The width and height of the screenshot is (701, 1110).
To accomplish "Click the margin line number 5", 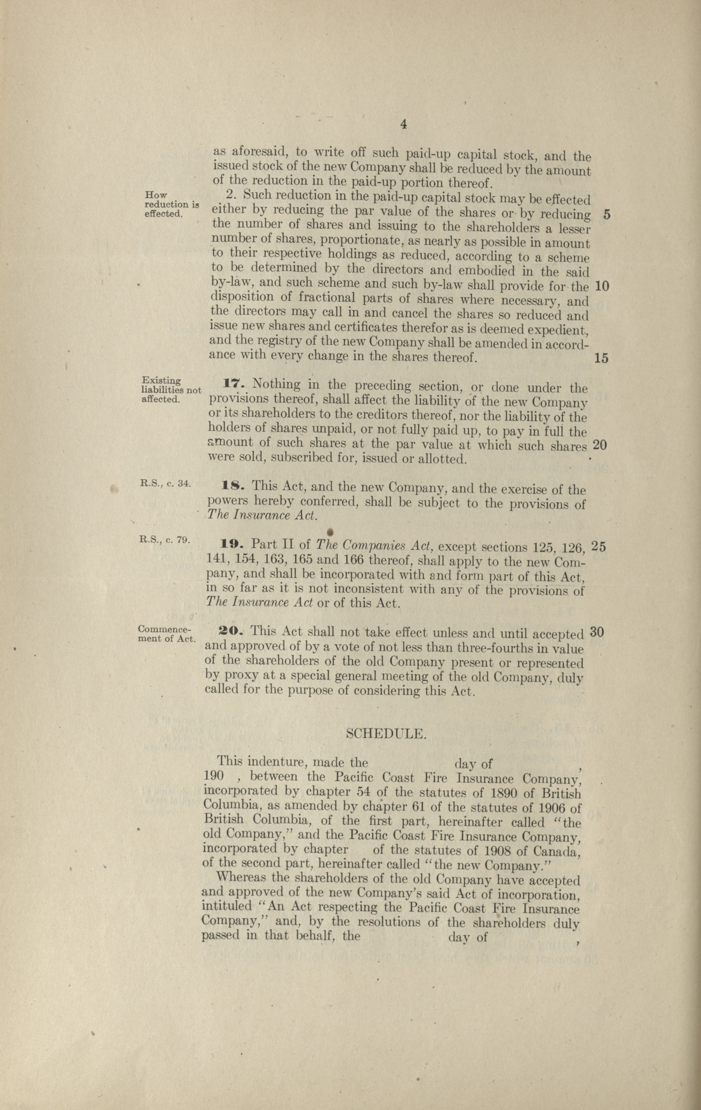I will tap(607, 215).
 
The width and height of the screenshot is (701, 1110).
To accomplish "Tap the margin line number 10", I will tap(602, 286).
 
